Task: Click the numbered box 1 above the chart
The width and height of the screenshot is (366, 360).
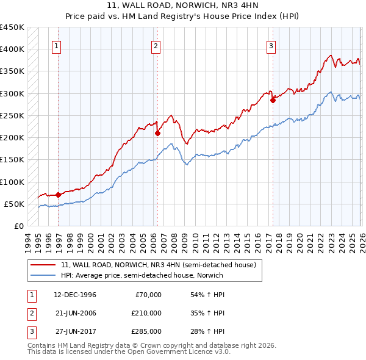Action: tap(56, 45)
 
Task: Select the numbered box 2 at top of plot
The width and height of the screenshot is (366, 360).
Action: tap(156, 45)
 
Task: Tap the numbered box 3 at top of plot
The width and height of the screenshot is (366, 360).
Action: tap(270, 45)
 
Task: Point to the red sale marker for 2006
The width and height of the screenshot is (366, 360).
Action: tap(157, 133)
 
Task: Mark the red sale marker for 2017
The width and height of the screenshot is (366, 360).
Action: tap(273, 100)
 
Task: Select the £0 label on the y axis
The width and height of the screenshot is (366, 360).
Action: tap(18, 226)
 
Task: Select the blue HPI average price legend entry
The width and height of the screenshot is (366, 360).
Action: tap(142, 275)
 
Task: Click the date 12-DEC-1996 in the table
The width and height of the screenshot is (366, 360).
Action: tap(75, 295)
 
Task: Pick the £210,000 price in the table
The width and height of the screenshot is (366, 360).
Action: tap(146, 313)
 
